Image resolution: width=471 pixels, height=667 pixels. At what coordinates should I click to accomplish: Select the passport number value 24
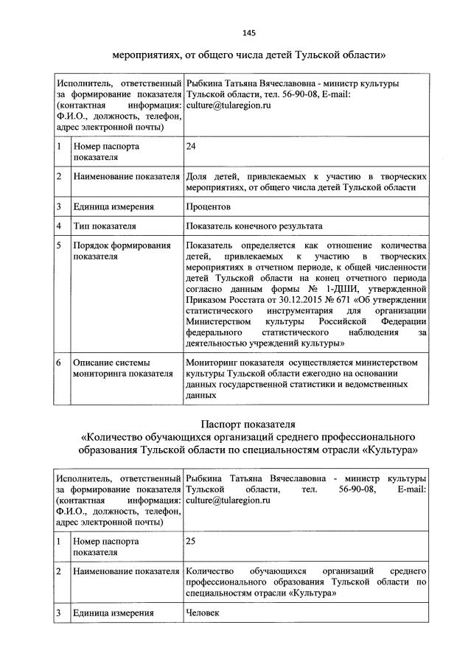191,146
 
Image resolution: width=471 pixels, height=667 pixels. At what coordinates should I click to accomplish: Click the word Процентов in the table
209,207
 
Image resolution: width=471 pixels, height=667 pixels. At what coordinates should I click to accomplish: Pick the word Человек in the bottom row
203,612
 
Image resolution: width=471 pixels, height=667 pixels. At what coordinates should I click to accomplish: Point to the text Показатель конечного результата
254,226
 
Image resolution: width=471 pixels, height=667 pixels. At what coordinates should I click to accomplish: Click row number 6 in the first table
58,363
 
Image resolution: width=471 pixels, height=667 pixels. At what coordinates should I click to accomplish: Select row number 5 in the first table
58,245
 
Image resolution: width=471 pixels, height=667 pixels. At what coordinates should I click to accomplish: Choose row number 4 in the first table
58,226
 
